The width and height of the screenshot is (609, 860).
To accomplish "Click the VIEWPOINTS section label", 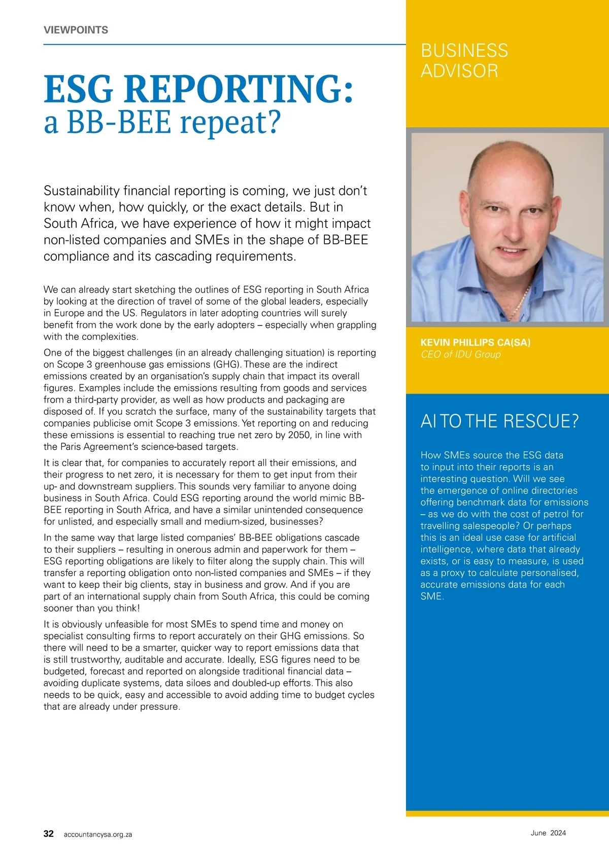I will coord(76,30).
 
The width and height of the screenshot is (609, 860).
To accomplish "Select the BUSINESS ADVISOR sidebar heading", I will coord(464,60).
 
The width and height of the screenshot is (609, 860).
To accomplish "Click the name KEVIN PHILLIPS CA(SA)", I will coord(475,342).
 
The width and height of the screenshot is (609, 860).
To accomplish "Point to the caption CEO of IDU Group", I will coord(460,354).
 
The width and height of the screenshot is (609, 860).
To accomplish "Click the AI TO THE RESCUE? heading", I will coord(499,421).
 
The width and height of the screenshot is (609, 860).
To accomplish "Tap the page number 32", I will coord(48,834).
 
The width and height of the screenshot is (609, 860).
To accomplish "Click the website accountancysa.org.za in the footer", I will coord(97,834).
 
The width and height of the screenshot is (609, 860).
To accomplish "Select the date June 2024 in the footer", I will coord(548,833).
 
